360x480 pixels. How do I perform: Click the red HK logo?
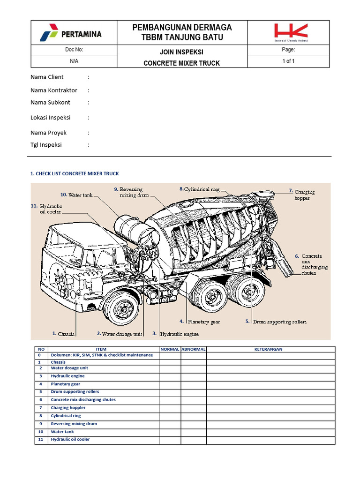point(291,32)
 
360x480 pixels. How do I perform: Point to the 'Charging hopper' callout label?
point(304,195)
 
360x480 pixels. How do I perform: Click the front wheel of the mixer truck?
point(122,308)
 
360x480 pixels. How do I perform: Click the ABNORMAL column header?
point(194,349)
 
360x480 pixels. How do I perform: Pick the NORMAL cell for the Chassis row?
point(170,362)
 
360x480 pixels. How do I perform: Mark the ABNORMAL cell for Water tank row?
point(194,432)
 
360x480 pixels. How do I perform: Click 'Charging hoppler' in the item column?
point(68,408)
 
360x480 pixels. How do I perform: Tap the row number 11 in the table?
point(40,440)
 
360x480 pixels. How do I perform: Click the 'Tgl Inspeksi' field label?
point(46,145)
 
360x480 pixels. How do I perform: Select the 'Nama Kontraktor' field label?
point(54,90)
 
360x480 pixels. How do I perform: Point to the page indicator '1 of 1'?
point(288,61)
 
